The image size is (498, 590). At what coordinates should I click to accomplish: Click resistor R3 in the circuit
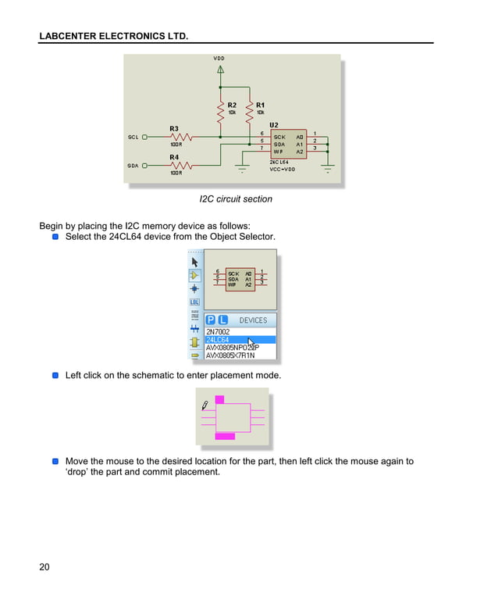tap(176, 136)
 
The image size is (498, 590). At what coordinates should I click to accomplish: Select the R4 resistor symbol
tap(176, 165)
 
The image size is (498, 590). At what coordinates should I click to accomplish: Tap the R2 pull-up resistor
tap(221, 116)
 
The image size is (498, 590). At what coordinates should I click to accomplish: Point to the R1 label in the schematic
tap(260, 105)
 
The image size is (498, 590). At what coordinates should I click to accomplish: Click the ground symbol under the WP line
tap(242, 168)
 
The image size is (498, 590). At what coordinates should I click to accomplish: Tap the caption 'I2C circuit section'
tap(236, 199)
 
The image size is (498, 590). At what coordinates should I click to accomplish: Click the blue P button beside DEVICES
tap(210, 320)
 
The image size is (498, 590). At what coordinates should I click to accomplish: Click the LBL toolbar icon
tap(194, 302)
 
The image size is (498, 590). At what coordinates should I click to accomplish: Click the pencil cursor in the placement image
tap(205, 405)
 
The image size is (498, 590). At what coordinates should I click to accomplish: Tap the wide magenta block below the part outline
tap(225, 436)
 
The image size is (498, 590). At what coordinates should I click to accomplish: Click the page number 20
tap(44, 567)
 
